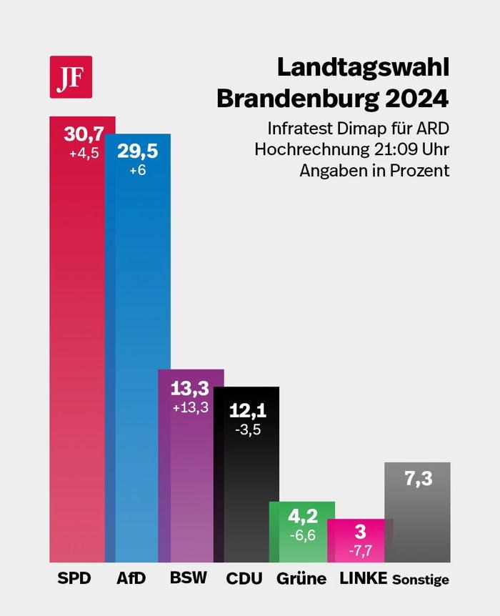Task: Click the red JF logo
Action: coord(71,76)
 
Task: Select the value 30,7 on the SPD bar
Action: coord(83,134)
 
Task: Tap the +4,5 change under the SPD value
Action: coord(84,153)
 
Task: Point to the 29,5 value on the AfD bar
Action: coord(137,151)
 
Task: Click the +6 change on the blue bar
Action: coord(138,172)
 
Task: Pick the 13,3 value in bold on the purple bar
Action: coord(190,389)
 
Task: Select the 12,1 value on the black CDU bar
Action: coord(247,410)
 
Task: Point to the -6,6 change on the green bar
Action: coord(301,535)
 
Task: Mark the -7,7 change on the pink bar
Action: coord(360,551)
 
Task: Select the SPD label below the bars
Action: coord(74,578)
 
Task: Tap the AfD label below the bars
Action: coord(131,578)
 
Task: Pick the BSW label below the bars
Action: coord(188,578)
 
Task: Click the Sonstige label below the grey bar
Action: coord(421,580)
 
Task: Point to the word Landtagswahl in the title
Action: coord(362,68)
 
